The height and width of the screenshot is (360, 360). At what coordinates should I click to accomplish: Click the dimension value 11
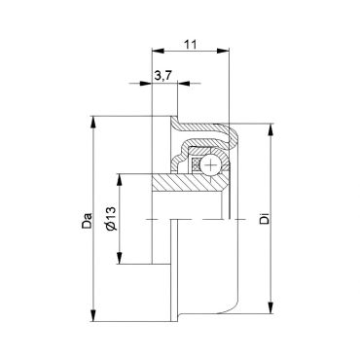(191, 44)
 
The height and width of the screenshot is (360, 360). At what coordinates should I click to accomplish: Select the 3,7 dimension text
(162, 76)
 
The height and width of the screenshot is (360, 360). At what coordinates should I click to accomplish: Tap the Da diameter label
(87, 221)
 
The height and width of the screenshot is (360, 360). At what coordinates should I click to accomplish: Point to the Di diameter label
(265, 219)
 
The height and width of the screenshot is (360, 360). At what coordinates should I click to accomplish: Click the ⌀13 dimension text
(111, 218)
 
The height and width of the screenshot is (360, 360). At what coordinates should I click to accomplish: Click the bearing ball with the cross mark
(210, 165)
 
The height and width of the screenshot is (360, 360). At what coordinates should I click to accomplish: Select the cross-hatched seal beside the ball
(196, 165)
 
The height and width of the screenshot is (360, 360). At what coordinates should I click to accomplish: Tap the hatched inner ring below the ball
(190, 182)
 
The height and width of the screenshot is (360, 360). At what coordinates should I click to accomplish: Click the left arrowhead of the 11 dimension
(159, 51)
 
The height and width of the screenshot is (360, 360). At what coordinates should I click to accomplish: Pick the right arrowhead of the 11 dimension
(223, 51)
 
